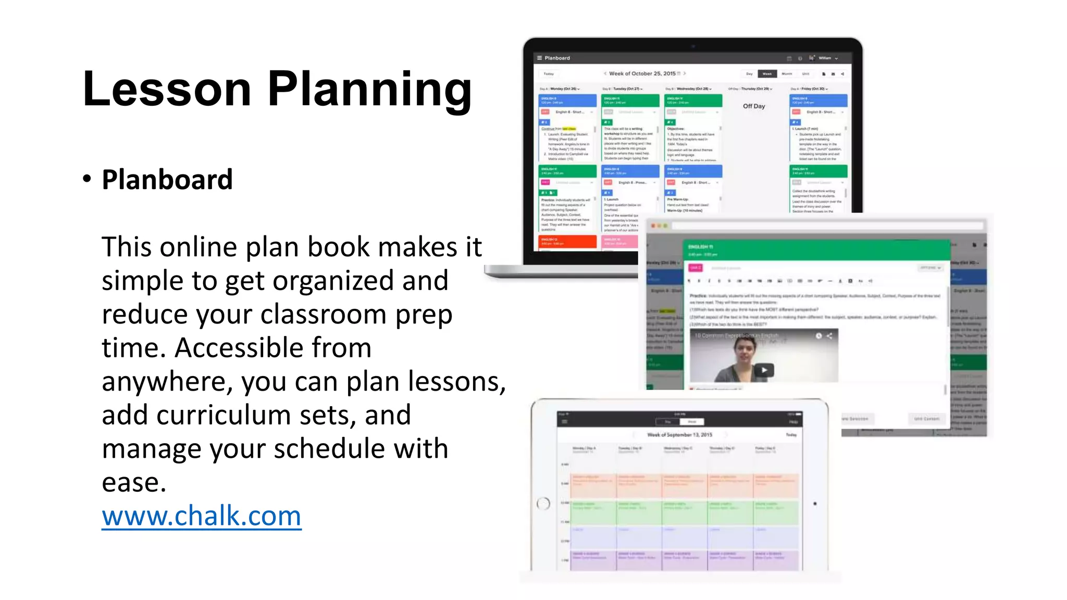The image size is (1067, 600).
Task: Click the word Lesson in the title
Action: [167, 89]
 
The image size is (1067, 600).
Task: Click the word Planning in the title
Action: [369, 89]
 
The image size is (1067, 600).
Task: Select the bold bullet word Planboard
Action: [167, 180]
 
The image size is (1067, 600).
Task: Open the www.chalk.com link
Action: [201, 516]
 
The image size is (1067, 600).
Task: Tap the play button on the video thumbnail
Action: [764, 370]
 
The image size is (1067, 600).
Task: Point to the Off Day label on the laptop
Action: [753, 106]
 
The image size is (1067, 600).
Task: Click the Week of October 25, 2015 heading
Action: [642, 73]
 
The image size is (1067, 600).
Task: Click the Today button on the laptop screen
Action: [549, 74]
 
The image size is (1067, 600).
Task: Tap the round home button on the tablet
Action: [543, 504]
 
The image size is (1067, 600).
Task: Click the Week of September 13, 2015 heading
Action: [679, 434]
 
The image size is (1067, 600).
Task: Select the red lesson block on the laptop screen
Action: [567, 241]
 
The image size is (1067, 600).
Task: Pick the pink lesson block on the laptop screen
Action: [620, 241]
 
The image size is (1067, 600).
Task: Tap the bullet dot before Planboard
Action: [87, 179]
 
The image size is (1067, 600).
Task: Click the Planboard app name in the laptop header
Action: [557, 58]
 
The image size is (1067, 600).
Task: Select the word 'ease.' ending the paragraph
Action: [134, 483]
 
